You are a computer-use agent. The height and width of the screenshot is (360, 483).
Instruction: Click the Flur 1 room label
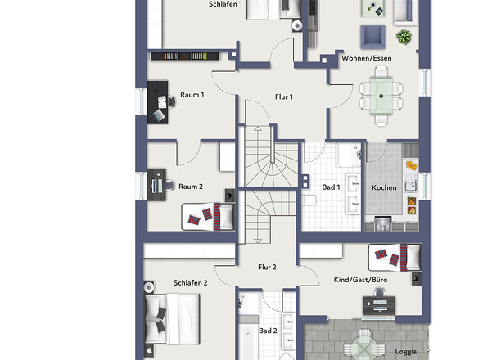[284, 97]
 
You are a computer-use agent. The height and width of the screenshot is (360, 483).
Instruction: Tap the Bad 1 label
[331, 187]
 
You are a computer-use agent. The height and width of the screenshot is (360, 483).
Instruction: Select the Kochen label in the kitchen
[384, 187]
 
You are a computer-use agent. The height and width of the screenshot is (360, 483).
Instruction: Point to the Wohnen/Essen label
[367, 58]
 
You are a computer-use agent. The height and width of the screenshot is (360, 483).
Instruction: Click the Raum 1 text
[192, 95]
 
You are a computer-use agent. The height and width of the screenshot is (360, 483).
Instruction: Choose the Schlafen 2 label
[191, 283]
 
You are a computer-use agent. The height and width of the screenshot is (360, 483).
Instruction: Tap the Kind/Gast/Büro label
[360, 280]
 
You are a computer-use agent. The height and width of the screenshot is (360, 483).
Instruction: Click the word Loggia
[406, 352]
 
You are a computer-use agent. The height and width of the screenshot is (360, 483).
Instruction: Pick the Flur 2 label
[267, 267]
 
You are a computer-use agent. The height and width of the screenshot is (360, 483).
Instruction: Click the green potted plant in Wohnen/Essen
[404, 38]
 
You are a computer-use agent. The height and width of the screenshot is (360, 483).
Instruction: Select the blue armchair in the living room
[372, 38]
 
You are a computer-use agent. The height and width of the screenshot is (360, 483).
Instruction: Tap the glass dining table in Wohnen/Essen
[381, 96]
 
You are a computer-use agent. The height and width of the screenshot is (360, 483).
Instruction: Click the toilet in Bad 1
[309, 200]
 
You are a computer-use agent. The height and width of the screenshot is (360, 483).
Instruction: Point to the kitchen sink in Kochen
[411, 186]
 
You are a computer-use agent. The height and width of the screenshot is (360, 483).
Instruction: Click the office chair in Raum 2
[170, 186]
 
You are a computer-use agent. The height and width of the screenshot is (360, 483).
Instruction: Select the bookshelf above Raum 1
[184, 56]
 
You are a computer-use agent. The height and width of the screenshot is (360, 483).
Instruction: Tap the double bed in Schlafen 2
[172, 318]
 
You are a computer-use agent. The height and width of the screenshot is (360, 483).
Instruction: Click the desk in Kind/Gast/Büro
[379, 305]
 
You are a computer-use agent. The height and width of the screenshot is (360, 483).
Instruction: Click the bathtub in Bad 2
[249, 338]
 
